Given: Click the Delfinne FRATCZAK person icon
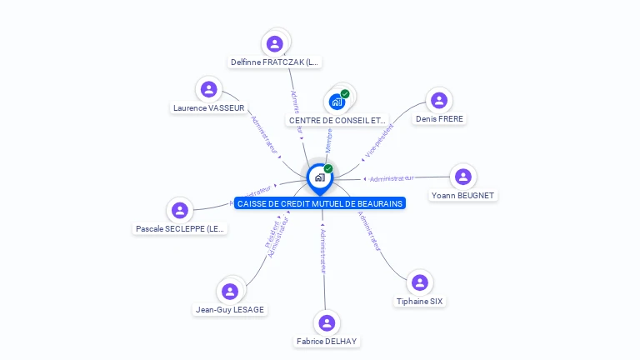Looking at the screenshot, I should [x=275, y=43].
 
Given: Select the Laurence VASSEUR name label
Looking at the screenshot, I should [x=209, y=107].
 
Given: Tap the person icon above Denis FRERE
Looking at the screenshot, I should [x=439, y=100].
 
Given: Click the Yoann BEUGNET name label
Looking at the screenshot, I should [x=462, y=196].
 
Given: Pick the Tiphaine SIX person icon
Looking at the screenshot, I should [x=420, y=282].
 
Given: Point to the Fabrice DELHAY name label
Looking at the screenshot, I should [x=327, y=342].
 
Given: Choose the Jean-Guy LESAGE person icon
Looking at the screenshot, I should [x=230, y=291].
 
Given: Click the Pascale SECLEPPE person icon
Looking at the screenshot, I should [x=179, y=210].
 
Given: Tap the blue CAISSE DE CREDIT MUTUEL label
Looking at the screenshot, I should [x=320, y=203].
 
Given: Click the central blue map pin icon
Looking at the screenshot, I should [x=319, y=177].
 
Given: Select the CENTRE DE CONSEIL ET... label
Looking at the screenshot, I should [x=337, y=121].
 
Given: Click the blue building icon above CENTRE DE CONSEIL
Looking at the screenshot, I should [x=336, y=102].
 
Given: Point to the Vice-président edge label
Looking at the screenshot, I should [x=380, y=140].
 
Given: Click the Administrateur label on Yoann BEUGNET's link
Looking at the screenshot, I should [x=392, y=178].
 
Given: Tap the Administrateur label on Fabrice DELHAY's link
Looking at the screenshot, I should [x=323, y=250].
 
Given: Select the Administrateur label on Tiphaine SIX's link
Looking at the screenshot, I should [x=370, y=231].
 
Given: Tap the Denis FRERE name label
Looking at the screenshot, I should [x=439, y=119].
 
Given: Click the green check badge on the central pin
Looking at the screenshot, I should [x=328, y=168].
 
